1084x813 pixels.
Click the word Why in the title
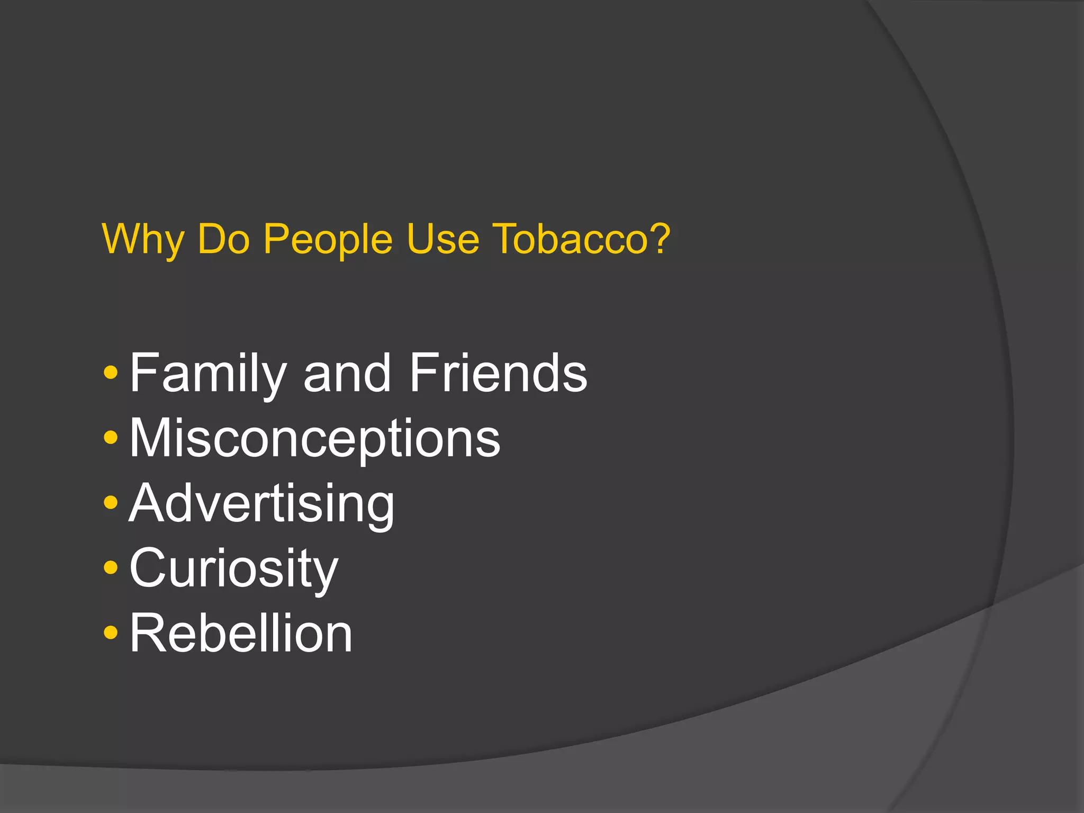click(x=143, y=239)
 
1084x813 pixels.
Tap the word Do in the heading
click(x=223, y=239)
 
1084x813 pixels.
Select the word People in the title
click(x=328, y=239)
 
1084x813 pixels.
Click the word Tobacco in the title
click(x=571, y=239)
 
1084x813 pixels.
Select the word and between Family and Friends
click(x=347, y=374)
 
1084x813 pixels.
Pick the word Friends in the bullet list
click(x=498, y=374)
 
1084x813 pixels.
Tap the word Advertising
click(x=261, y=504)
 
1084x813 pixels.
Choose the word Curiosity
click(x=233, y=570)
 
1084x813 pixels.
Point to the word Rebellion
click(x=241, y=634)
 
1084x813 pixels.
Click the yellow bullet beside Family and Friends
click(x=111, y=373)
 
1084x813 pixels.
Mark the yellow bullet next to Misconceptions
click(x=111, y=438)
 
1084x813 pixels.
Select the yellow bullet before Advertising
click(x=111, y=503)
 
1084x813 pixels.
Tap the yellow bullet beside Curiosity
click(x=111, y=568)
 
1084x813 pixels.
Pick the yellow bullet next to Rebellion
click(x=111, y=633)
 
